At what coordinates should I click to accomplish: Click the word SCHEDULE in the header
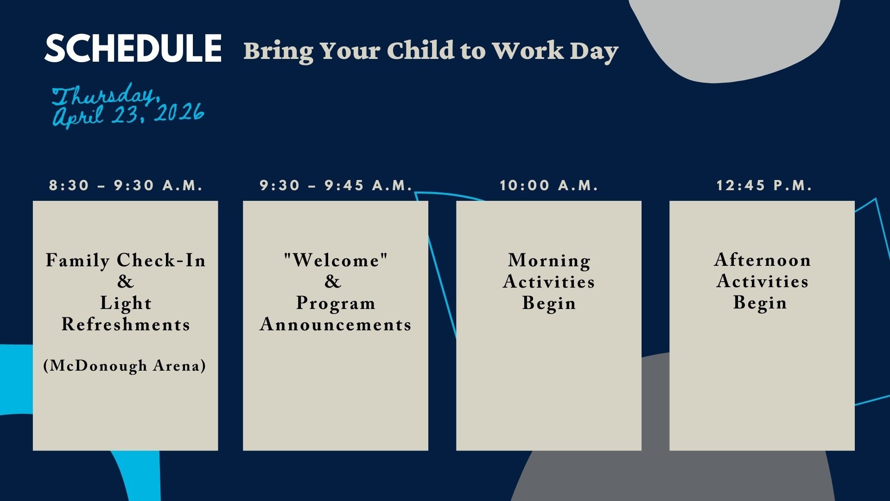click(x=133, y=48)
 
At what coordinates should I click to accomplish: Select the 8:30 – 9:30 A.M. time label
click(x=126, y=186)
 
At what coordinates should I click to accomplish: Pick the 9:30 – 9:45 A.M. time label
click(x=336, y=186)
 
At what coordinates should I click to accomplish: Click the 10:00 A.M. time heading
click(x=549, y=186)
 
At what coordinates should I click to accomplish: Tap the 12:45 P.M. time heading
click(x=764, y=186)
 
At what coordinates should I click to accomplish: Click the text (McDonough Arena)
click(x=125, y=366)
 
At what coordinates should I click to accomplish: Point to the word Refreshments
click(x=126, y=324)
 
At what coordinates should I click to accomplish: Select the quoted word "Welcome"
click(x=336, y=260)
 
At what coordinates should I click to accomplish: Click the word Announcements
click(x=336, y=324)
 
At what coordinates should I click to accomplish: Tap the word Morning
click(x=549, y=260)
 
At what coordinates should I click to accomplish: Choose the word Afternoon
click(x=763, y=260)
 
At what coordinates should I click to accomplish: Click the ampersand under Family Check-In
click(x=125, y=282)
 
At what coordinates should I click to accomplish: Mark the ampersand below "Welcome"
click(x=332, y=282)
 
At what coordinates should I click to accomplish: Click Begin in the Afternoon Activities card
click(x=760, y=303)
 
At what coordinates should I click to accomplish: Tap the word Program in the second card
click(x=336, y=303)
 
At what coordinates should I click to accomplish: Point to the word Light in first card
click(x=126, y=303)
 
